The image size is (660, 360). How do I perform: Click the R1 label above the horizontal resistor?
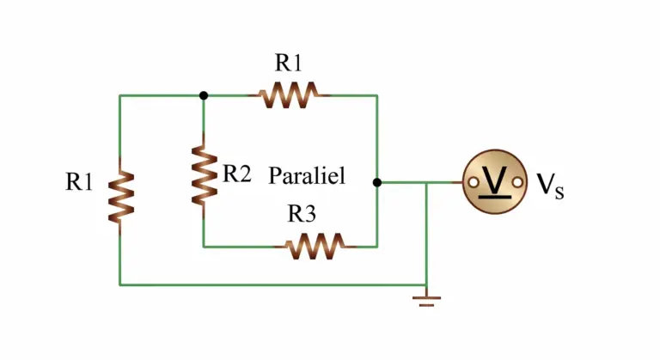(289, 63)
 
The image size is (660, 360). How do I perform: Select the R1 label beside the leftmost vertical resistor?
(79, 182)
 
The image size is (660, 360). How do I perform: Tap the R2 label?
(237, 173)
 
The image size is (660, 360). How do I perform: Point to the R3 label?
(302, 213)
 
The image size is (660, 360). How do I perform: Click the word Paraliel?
(307, 175)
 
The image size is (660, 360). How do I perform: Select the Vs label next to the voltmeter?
(550, 186)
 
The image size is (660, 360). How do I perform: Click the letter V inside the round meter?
(494, 179)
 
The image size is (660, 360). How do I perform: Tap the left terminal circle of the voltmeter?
(474, 182)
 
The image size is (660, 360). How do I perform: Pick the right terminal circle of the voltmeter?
(517, 182)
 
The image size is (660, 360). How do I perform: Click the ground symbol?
(426, 299)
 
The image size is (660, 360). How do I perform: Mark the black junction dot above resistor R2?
(204, 95)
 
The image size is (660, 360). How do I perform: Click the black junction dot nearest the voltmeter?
(377, 182)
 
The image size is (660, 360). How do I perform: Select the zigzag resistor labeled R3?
(315, 247)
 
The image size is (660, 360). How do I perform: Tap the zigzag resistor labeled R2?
(205, 175)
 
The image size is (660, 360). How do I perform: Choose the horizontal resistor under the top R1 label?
(289, 95)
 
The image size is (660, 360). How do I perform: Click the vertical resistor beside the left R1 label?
(121, 197)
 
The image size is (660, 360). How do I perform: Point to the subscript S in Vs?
(559, 192)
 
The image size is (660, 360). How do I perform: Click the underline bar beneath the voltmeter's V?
(495, 196)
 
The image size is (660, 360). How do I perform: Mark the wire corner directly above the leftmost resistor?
(120, 95)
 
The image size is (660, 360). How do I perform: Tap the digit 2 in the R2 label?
(244, 173)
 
